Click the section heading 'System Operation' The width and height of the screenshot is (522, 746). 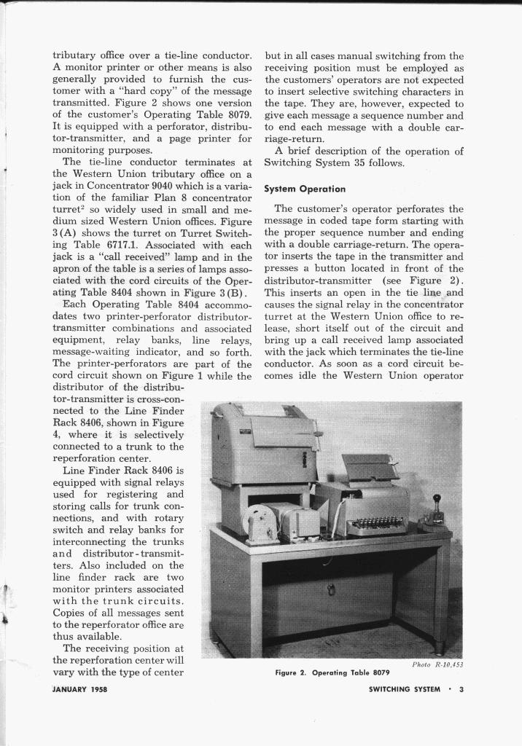[305, 189]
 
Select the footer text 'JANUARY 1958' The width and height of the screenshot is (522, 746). [80, 691]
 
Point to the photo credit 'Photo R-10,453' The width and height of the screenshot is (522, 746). [437, 664]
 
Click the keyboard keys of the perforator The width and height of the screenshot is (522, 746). [374, 523]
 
